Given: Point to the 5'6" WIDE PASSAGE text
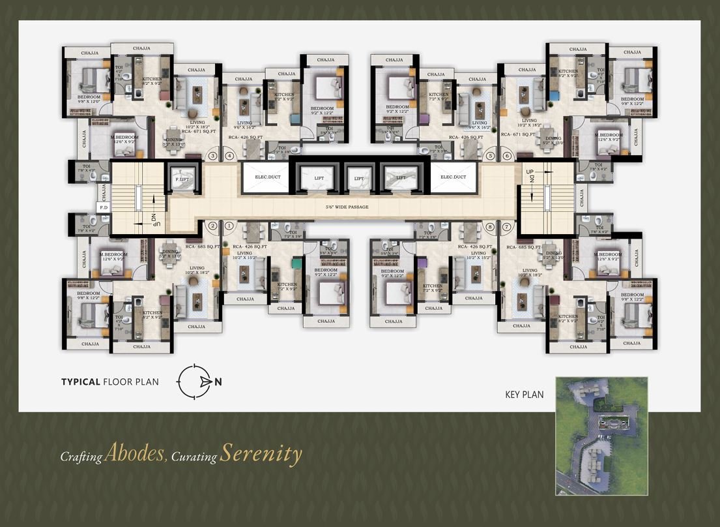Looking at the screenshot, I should tap(347, 207).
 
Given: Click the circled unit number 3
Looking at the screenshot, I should tap(212, 156).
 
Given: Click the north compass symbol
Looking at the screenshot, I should tap(196, 382).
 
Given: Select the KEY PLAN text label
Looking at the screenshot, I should tap(524, 394).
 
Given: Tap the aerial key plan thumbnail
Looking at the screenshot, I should tap(601, 435).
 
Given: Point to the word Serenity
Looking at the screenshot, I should tap(261, 454).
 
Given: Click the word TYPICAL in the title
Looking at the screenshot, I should tap(80, 382).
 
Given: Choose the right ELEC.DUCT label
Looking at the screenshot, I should tap(454, 177).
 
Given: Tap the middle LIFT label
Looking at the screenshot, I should tap(358, 178).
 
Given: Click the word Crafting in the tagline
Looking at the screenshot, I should tap(81, 457).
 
